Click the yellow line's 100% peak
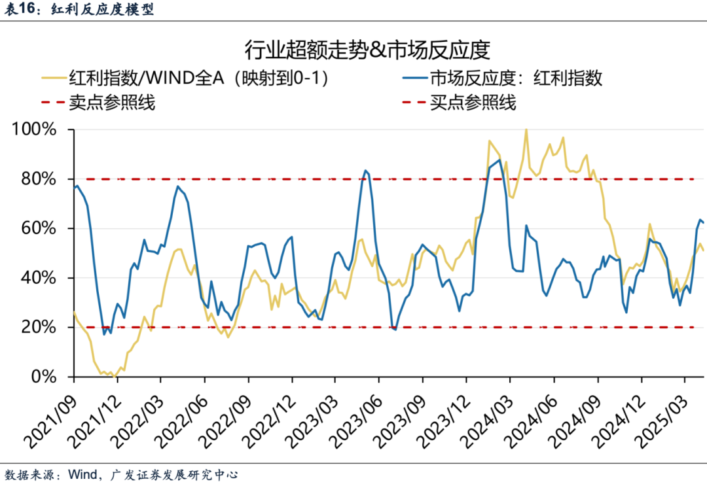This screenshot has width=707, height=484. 526,130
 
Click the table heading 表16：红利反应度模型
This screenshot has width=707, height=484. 78,10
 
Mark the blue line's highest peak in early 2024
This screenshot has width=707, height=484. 499,160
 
